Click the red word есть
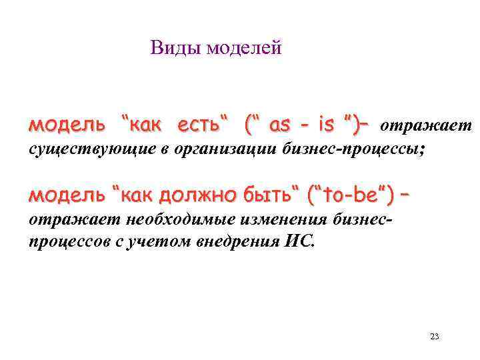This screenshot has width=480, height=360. click(x=201, y=125)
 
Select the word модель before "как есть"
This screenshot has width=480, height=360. click(x=67, y=125)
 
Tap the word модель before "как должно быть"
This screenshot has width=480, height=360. click(x=67, y=196)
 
